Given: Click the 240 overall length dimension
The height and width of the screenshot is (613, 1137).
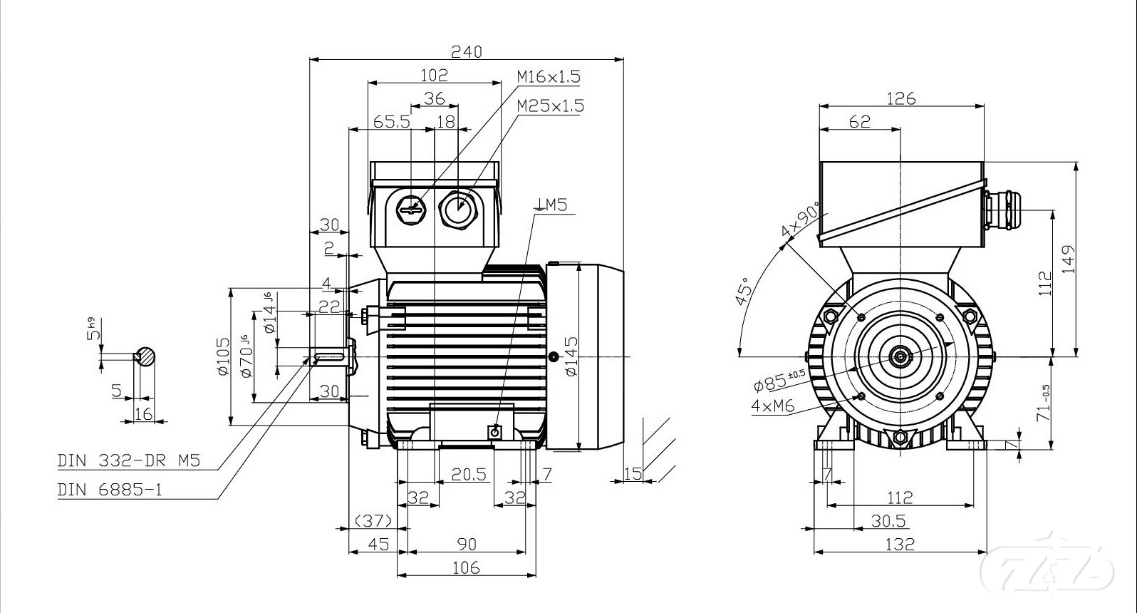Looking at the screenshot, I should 467,51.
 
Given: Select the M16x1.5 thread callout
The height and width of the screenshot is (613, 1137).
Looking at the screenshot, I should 548,76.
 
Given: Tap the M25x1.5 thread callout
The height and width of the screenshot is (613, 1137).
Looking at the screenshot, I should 550,105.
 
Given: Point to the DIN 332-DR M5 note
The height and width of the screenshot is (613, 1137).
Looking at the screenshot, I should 128,461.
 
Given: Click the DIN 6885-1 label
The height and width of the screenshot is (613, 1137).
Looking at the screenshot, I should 110,490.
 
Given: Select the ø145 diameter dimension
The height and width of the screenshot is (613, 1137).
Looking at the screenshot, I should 571,356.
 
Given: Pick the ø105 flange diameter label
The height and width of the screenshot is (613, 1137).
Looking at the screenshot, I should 223,356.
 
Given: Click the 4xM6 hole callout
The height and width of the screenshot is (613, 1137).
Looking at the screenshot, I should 773,406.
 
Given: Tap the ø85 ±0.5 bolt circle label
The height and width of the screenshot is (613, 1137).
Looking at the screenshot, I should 779,381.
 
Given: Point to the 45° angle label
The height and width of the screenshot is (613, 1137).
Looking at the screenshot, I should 744,291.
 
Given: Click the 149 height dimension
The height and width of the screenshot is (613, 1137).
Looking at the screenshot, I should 1067,260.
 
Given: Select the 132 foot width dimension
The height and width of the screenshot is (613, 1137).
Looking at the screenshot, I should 900,544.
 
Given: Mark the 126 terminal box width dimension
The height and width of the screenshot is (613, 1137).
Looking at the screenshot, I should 900,98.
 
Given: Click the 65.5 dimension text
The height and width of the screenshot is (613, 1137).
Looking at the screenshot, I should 392,122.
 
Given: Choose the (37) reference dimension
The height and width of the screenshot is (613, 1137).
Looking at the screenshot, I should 373,522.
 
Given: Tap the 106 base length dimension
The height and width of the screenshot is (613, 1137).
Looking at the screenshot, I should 466,567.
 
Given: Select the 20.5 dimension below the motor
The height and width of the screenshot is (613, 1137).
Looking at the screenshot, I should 469,474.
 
